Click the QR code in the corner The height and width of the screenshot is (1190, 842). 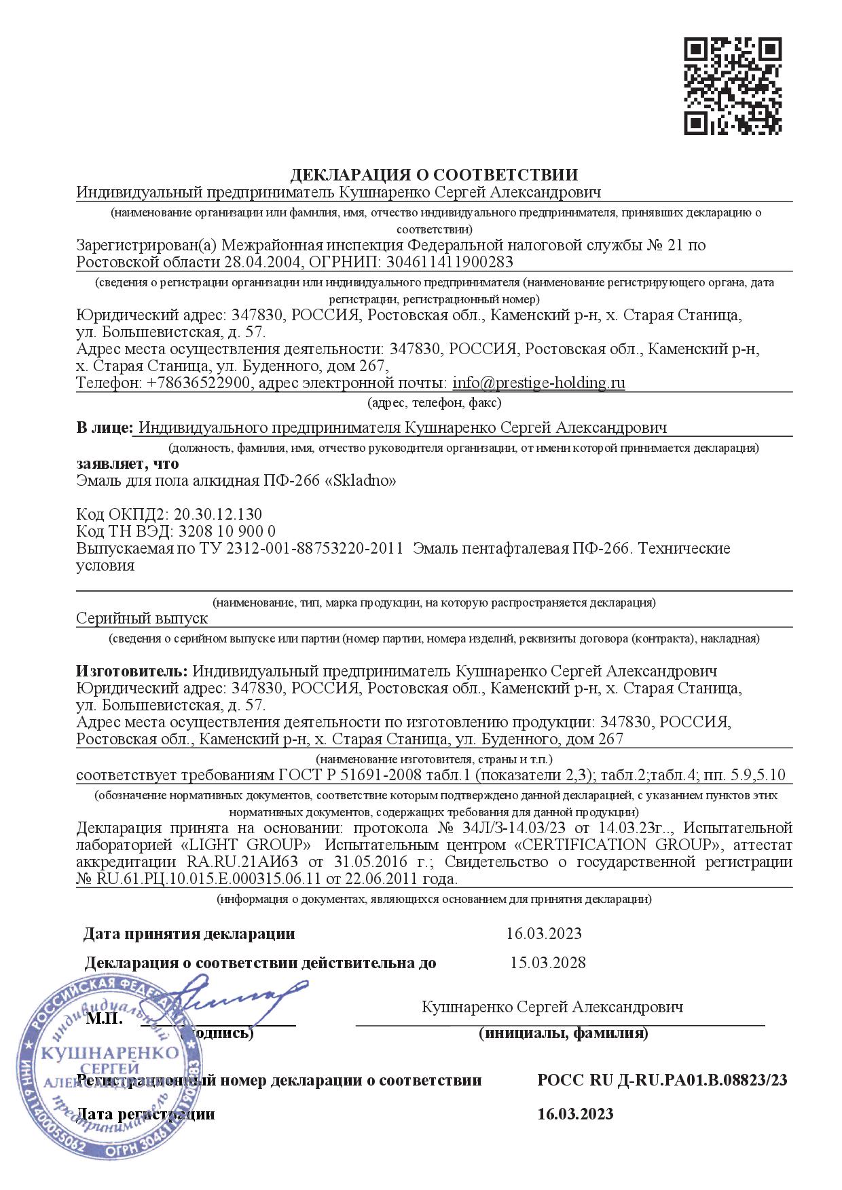[x=732, y=85]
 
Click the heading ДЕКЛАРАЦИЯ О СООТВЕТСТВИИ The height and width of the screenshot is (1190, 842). [x=434, y=176]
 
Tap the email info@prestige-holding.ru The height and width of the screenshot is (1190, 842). [x=538, y=383]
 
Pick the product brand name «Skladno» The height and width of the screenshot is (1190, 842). [x=361, y=481]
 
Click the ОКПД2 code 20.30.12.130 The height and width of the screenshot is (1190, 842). [x=218, y=514]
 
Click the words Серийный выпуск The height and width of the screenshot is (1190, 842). [x=142, y=619]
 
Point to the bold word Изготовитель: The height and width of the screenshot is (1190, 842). [x=132, y=671]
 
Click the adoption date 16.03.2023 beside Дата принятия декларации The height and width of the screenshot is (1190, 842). [x=543, y=934]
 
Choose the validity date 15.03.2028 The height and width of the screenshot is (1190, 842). [x=547, y=963]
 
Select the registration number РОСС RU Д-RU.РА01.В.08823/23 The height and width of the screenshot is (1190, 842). [x=662, y=1080]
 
